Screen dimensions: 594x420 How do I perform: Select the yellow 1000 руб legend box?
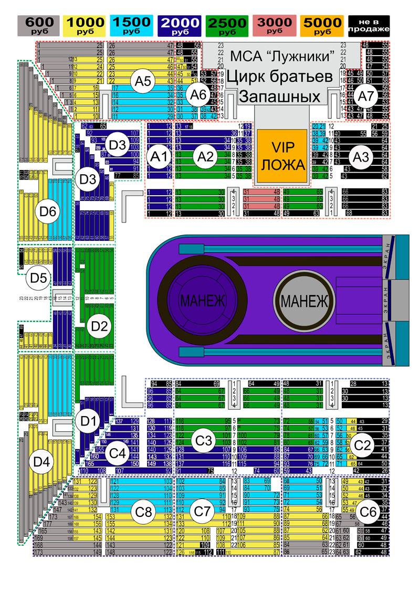pyautogui.click(x=85, y=26)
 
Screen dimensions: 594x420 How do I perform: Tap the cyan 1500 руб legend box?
pyautogui.click(x=132, y=26)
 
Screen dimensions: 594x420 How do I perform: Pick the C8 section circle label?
pyautogui.click(x=145, y=512)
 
